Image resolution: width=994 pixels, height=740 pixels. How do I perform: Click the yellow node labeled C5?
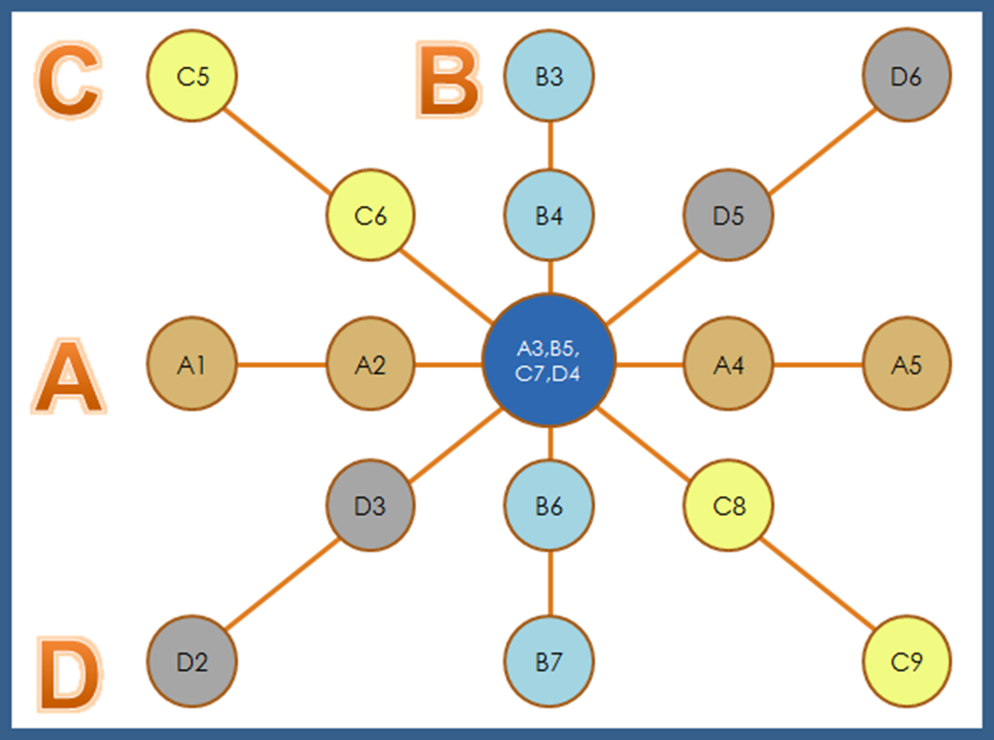(192, 76)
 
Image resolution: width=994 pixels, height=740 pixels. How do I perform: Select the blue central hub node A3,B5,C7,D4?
(549, 360)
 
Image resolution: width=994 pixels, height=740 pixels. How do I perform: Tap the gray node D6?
(907, 76)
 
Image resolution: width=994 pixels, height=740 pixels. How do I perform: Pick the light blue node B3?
(549, 76)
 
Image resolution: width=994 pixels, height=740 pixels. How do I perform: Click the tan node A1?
(192, 365)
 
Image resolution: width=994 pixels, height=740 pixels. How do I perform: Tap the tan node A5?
(907, 365)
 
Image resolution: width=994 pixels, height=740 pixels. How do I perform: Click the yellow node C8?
(728, 505)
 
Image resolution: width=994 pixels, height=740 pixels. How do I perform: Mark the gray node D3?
(370, 505)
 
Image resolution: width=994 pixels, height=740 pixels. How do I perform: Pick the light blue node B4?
(549, 215)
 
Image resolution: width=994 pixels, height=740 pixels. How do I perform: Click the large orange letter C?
(68, 83)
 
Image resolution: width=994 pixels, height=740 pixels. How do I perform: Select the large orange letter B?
(448, 80)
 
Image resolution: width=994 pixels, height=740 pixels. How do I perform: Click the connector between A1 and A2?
(282, 365)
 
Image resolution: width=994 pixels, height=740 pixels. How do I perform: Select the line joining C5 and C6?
(282, 146)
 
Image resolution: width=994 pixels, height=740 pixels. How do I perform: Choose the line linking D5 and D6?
(817, 146)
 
